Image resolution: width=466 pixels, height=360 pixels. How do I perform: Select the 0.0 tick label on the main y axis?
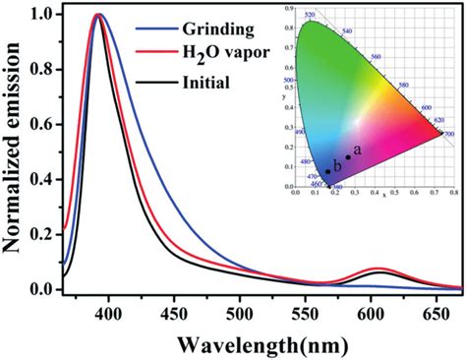pyautogui.click(x=43, y=288)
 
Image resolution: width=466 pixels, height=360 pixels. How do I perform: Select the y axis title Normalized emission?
pyautogui.click(x=15, y=152)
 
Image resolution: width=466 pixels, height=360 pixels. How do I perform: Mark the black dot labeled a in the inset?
pyautogui.click(x=348, y=157)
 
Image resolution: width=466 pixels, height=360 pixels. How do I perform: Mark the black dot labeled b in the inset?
pyautogui.click(x=328, y=171)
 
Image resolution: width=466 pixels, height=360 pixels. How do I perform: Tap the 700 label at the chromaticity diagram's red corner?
pyautogui.click(x=449, y=132)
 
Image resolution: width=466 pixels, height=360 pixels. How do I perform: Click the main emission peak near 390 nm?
pyautogui.click(x=97, y=16)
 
